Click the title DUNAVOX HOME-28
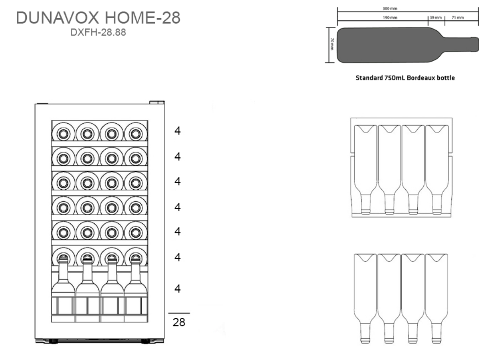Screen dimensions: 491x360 tap(98, 19)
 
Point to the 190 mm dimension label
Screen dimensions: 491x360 tap(390, 18)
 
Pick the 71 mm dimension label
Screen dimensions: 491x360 tap(457, 18)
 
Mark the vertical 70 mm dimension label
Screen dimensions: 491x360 tap(332, 44)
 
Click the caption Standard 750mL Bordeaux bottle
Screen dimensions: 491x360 tap(405, 78)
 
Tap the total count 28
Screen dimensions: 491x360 tap(179, 322)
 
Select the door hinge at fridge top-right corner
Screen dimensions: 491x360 tap(156, 103)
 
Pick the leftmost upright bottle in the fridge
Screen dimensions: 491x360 tap(63, 282)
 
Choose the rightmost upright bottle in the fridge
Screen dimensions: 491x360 tap(136, 282)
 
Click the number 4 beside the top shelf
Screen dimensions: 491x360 tap(177, 131)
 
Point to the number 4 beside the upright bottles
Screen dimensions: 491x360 tap(177, 288)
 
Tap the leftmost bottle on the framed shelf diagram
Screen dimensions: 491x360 tap(365, 168)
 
